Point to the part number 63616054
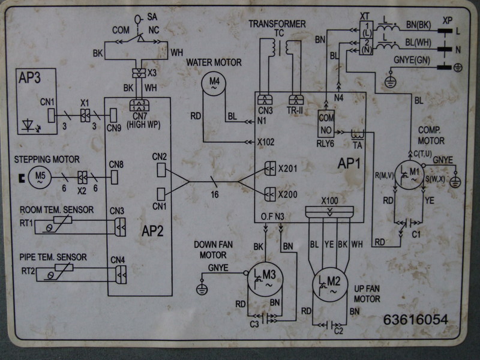416,320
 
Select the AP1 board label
349,163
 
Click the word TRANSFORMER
277,24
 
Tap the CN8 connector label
116,164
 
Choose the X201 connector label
288,170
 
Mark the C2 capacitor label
338,331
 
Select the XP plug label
446,19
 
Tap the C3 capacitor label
254,325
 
